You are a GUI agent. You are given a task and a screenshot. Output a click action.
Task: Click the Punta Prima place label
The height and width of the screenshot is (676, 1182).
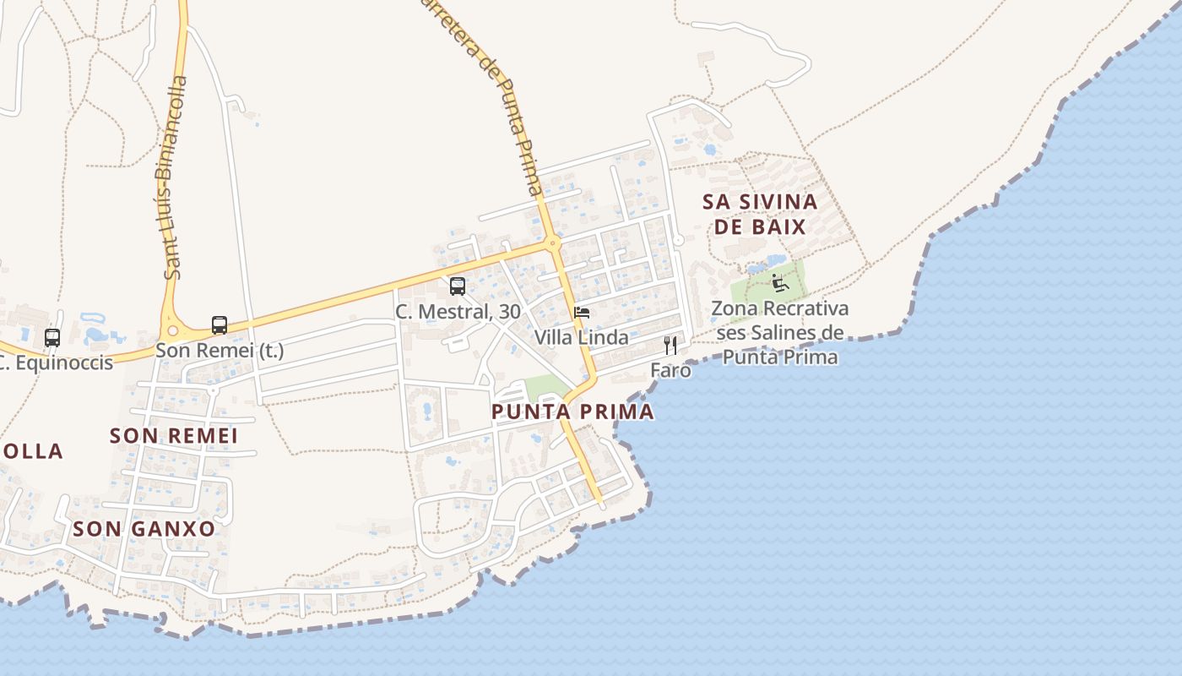coord(572,412)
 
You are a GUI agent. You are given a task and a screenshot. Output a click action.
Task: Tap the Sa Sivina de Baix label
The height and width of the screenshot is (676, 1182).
coord(760,214)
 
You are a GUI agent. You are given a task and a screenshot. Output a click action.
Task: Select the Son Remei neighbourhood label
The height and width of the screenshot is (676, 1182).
coord(174,436)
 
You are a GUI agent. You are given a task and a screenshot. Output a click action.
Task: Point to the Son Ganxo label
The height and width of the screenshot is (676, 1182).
coord(144,529)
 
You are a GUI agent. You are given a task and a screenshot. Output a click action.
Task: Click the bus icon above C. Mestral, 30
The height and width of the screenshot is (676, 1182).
coord(458,286)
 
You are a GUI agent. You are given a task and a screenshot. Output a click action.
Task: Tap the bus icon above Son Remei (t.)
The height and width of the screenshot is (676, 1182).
coord(220,325)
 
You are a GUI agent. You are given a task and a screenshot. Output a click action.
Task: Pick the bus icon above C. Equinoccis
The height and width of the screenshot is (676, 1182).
coord(52,338)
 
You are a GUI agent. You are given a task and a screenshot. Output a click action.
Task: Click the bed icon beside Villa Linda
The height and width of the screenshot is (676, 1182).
coord(582,313)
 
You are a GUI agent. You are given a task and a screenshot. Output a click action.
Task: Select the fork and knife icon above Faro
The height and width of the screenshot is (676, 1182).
coord(670,345)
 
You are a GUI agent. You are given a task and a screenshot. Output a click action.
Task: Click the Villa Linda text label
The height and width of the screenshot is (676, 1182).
coord(581,338)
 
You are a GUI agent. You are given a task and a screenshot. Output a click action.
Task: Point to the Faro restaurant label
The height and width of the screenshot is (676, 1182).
coord(670,370)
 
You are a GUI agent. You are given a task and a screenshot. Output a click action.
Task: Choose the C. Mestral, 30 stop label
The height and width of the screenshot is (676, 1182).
coord(458,312)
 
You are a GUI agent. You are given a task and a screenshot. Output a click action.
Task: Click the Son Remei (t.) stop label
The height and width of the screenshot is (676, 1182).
coord(220,350)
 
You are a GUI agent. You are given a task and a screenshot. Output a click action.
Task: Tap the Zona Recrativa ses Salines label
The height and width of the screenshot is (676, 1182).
coord(780,332)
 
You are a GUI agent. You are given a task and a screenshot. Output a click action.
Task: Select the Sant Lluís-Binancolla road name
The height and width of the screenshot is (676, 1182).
coord(176,177)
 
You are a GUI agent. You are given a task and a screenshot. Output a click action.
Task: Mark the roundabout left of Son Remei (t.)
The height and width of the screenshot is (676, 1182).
coord(173,331)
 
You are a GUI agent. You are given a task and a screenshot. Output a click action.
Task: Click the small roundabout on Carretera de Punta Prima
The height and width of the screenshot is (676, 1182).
coord(554,243)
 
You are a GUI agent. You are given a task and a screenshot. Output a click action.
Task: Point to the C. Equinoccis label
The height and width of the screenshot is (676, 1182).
coord(56,363)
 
